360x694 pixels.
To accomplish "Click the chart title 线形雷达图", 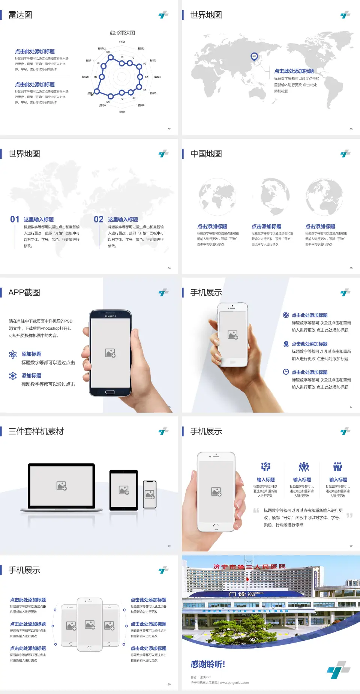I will [x=122, y=33].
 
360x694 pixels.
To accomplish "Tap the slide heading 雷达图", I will [x=20, y=15].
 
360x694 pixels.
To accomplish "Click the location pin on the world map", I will [x=254, y=57].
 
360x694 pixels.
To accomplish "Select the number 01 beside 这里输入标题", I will [x=15, y=219].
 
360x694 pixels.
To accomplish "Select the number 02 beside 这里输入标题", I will [x=99, y=219].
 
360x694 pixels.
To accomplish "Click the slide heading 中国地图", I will [x=206, y=154].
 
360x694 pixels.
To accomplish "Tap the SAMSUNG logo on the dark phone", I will [x=110, y=316].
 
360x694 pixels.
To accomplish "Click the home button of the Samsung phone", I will [x=110, y=392].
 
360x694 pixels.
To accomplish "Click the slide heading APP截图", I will [x=24, y=293].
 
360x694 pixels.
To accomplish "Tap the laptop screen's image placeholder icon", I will [x=61, y=486].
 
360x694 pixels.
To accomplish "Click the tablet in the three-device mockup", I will [x=124, y=490].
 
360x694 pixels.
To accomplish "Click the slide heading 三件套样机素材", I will [x=36, y=431].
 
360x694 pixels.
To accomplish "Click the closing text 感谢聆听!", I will [x=208, y=664].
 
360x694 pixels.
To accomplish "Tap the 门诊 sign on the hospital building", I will [x=237, y=594].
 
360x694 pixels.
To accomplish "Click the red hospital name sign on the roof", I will [x=249, y=566].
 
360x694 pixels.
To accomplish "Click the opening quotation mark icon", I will [x=256, y=511].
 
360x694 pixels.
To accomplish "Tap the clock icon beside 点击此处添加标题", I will [x=286, y=372].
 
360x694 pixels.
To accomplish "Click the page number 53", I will [x=351, y=129].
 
